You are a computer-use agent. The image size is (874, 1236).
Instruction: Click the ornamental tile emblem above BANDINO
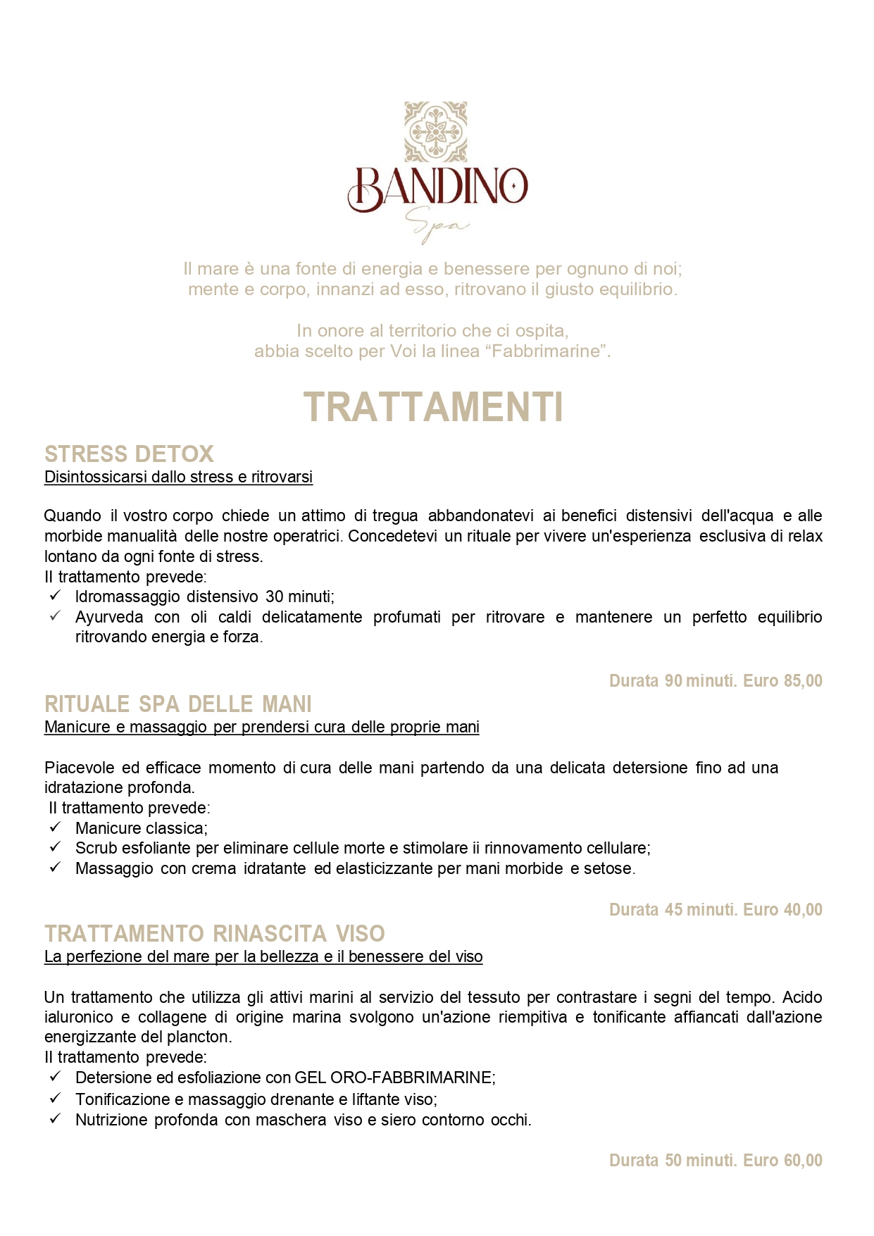click(435, 132)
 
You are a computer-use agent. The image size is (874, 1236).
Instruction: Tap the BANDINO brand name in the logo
click(437, 187)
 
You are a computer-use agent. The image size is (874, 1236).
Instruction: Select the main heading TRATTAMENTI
click(433, 408)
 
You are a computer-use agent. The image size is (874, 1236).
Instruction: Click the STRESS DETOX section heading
click(129, 454)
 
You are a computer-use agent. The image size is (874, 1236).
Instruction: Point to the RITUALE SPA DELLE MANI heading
click(177, 704)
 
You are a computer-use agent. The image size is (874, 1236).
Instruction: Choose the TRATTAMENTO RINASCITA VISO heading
click(214, 934)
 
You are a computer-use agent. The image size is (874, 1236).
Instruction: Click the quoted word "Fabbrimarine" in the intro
click(546, 351)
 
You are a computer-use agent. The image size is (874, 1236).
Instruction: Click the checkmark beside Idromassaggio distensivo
click(56, 596)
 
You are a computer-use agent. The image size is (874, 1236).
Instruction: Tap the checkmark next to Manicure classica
click(56, 827)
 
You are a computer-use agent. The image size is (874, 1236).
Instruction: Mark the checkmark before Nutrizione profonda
click(56, 1118)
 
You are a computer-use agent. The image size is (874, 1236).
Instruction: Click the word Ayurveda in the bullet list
click(109, 617)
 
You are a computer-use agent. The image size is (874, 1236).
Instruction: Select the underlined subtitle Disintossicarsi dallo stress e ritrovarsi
click(178, 477)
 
